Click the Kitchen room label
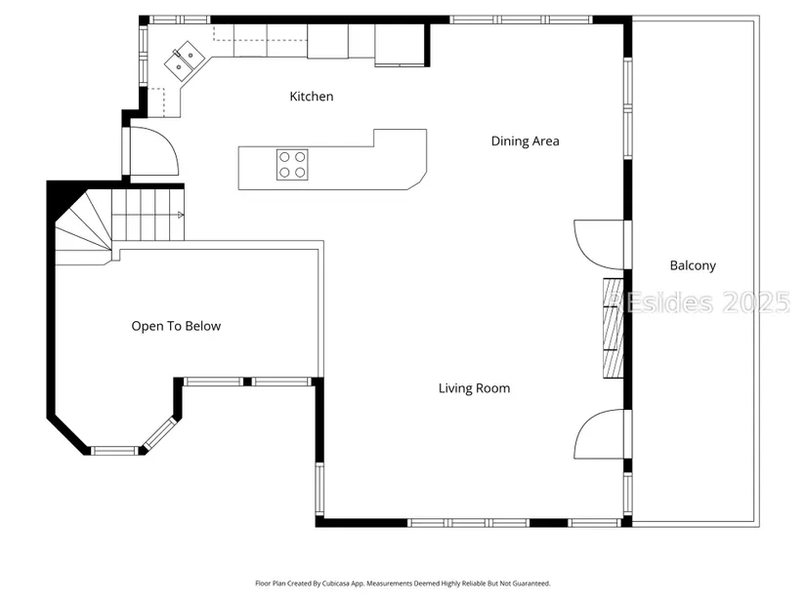(x=312, y=96)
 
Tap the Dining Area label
(x=525, y=141)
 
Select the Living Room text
(x=474, y=388)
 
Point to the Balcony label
(x=693, y=265)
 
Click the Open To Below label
(x=176, y=326)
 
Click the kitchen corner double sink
(x=185, y=61)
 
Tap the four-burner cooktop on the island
(x=292, y=165)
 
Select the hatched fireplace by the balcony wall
(x=614, y=328)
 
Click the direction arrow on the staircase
(x=181, y=215)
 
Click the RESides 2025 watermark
(x=700, y=302)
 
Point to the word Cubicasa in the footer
(x=336, y=584)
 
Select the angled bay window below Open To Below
(x=160, y=433)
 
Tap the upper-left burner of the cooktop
(x=284, y=157)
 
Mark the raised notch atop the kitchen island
(x=400, y=139)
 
